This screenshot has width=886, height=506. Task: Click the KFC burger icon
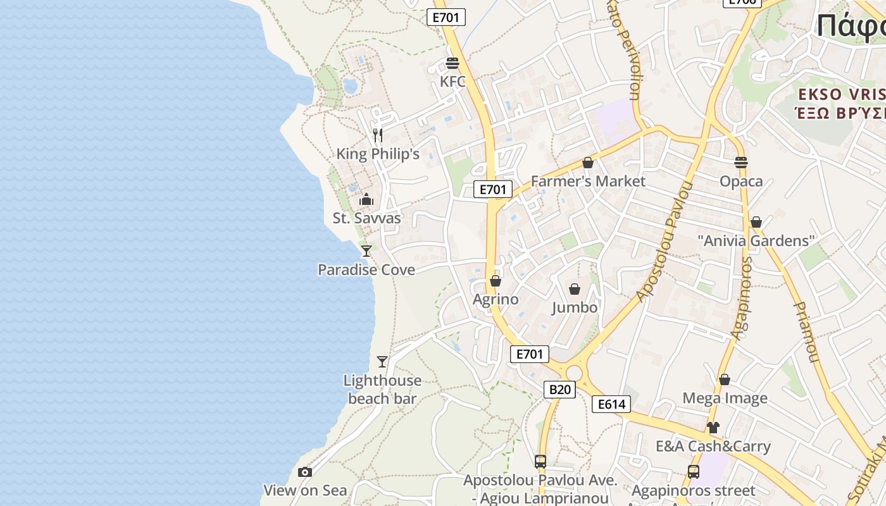pos(452,63)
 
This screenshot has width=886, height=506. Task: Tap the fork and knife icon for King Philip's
pos(378,135)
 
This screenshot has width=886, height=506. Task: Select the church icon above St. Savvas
pos(366,200)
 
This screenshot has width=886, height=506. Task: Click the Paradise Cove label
pos(366,270)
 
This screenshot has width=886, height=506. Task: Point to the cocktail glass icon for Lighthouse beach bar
pos(382,362)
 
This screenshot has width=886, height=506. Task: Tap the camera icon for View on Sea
pos(305,472)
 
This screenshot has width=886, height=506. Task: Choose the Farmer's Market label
pos(588,182)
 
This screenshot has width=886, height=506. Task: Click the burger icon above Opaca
pos(741,163)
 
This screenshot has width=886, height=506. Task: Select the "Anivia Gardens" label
pos(756,241)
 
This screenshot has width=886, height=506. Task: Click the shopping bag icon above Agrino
pos(496,281)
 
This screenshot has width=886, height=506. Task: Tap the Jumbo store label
pos(575,307)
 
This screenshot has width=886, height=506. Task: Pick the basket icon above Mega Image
pos(725,379)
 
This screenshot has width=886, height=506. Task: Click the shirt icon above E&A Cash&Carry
pos(713,428)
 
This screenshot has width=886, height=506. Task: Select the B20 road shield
pos(559,390)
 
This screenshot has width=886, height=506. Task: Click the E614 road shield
pos(611,404)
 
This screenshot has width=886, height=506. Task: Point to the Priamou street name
pos(805,332)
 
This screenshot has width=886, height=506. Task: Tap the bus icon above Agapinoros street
pos(694,472)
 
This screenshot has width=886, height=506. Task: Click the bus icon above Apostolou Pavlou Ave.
pos(540,462)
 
